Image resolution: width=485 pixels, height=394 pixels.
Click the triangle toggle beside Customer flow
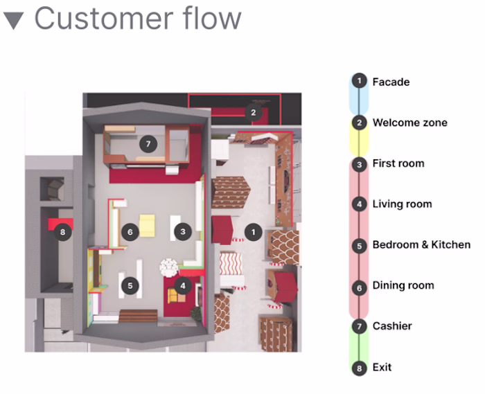(14, 20)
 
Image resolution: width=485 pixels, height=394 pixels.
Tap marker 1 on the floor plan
(254, 232)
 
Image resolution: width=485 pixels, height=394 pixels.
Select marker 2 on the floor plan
(254, 111)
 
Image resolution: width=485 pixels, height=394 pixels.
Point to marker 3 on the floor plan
(183, 232)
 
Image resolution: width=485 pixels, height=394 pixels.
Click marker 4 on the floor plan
(183, 285)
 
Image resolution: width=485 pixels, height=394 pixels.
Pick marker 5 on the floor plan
(129, 285)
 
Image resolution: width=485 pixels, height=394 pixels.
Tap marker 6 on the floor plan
(129, 232)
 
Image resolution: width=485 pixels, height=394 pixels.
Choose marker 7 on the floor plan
(147, 144)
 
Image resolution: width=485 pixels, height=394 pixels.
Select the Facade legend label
(391, 82)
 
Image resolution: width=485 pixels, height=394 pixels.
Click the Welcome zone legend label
(409, 123)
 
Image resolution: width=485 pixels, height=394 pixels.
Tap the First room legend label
(398, 163)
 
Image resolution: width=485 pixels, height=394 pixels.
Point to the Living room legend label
(402, 204)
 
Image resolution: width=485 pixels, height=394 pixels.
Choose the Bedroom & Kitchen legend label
(421, 244)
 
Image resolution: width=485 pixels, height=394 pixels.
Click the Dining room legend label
(403, 285)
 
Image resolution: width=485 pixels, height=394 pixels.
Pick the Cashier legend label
(392, 326)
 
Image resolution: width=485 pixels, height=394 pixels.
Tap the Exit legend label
(382, 367)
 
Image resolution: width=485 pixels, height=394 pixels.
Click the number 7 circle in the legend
(359, 326)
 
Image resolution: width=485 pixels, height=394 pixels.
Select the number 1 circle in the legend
(359, 82)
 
